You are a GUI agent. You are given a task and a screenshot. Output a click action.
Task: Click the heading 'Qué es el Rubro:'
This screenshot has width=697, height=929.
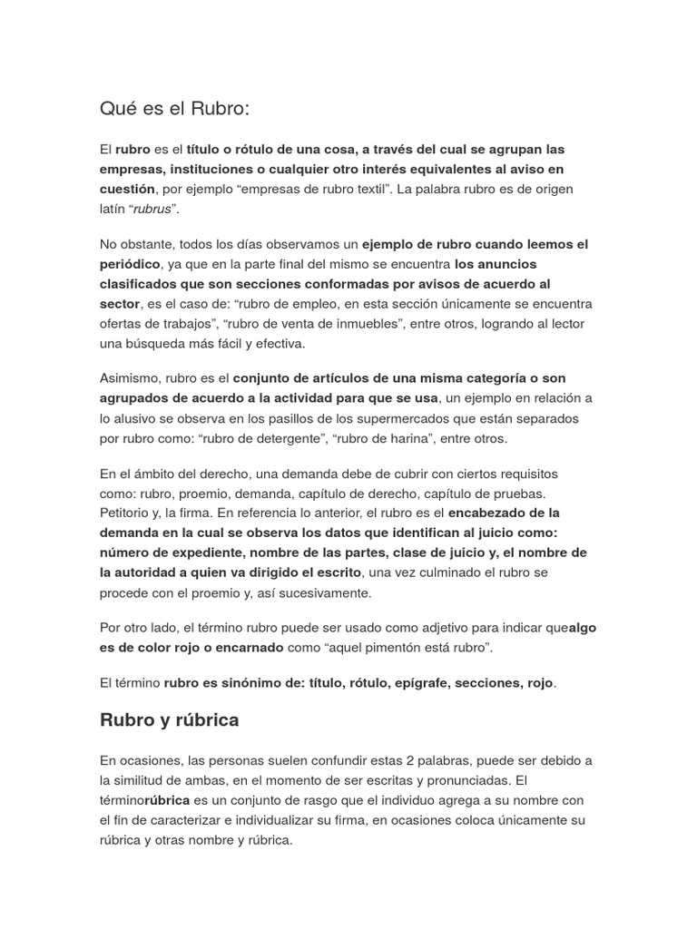(173, 109)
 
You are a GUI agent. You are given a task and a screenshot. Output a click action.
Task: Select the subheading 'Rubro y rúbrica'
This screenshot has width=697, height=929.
(169, 719)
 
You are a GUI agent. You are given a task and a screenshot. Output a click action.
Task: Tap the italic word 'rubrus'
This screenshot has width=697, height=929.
(152, 210)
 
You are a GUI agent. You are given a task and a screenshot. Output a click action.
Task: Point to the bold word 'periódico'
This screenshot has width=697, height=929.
(129, 264)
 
